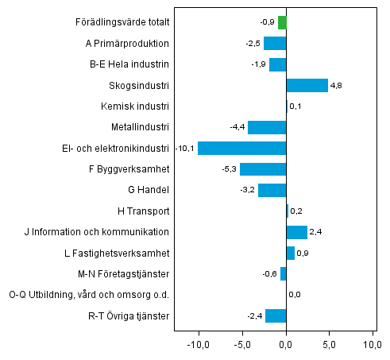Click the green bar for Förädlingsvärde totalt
click(282, 22)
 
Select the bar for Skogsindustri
click(307, 85)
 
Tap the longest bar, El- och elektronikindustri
click(241, 148)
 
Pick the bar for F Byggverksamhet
click(263, 168)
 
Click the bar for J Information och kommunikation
click(296, 232)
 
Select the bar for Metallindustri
click(267, 127)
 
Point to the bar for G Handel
click(272, 190)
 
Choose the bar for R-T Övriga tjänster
click(276, 315)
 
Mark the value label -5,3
click(228, 168)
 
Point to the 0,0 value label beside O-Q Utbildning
click(294, 295)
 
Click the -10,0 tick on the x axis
click(198, 345)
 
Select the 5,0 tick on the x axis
click(330, 345)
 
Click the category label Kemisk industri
click(134, 106)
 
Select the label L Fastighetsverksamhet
click(119, 253)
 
